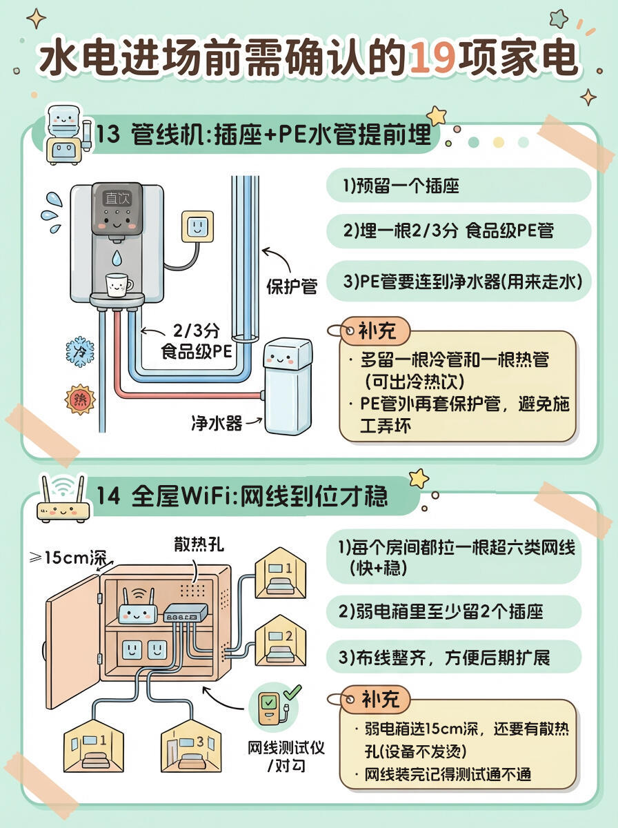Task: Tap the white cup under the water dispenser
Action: click(x=118, y=284)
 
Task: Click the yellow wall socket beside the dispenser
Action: click(x=197, y=226)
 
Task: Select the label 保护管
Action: click(x=292, y=286)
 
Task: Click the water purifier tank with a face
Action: click(x=288, y=386)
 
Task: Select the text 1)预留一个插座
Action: click(x=401, y=186)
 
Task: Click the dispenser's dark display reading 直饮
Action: click(x=117, y=198)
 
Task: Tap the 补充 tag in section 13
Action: click(x=377, y=331)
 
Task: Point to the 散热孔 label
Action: click(x=199, y=545)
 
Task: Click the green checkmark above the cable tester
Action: click(x=292, y=691)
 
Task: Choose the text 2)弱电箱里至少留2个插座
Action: click(x=441, y=611)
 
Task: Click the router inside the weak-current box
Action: click(x=138, y=607)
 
